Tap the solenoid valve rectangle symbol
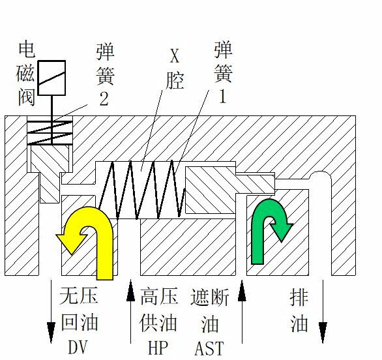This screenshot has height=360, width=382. tap(52, 78)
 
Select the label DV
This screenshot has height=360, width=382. tap(78, 348)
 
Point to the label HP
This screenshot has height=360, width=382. tap(158, 348)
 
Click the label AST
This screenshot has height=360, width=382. tap(209, 348)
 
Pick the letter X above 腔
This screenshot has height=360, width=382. tap(175, 56)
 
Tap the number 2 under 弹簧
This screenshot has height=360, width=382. tap(104, 98)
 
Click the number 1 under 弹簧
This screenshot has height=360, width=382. tap(223, 96)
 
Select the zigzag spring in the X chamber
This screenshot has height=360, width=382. tap(142, 190)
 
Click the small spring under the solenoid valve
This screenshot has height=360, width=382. tap(50, 132)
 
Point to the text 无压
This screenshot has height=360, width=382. tap(78, 295)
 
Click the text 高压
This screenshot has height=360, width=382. tap(159, 296)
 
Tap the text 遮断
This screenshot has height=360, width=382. tap(209, 297)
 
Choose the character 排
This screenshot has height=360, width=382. tap(299, 297)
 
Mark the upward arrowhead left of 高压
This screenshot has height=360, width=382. tap(130, 290)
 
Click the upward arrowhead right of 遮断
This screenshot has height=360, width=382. tap(242, 291)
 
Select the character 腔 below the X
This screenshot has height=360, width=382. tap(175, 80)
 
